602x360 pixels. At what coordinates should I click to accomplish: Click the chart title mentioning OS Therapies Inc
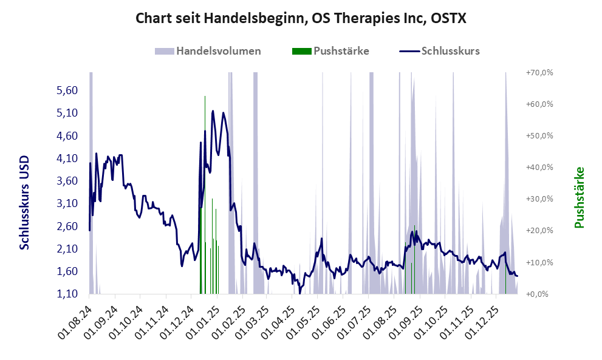point(301,18)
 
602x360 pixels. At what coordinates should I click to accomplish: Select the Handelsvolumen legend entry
point(210,51)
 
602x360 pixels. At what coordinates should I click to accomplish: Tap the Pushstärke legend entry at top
point(331,51)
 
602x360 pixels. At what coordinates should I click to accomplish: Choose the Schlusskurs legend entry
point(440,51)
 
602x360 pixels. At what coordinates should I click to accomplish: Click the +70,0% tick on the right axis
point(539,72)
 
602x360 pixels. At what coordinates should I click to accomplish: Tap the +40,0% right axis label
point(539,167)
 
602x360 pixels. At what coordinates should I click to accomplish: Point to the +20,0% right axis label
point(539,231)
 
